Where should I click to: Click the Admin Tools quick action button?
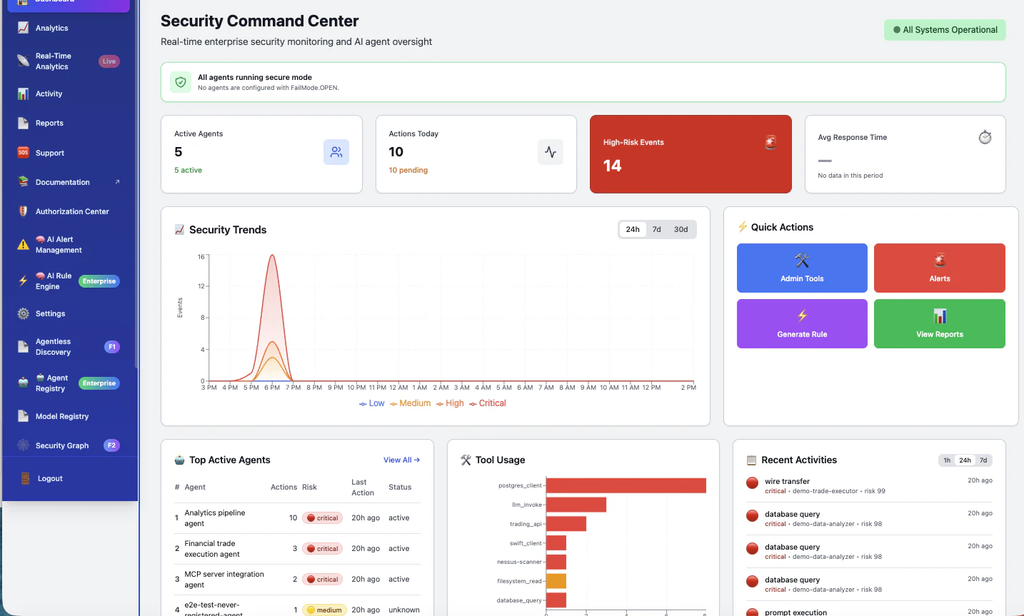[x=802, y=268]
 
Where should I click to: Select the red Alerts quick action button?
[x=939, y=268]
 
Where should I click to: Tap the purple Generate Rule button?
[x=802, y=324]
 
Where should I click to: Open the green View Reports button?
[x=939, y=324]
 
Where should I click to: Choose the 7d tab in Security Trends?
[x=656, y=230]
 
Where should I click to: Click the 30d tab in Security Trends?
[x=681, y=230]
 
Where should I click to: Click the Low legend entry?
[x=372, y=403]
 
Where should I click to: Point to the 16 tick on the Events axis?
[x=201, y=257]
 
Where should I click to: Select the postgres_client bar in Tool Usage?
[x=626, y=485]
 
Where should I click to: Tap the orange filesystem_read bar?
[x=556, y=581]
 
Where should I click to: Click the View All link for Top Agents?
[x=401, y=460]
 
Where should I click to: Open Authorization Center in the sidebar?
[x=72, y=212]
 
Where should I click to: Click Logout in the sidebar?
[x=50, y=479]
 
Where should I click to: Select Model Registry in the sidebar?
[x=62, y=417]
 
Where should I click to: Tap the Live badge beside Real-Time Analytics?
[x=109, y=61]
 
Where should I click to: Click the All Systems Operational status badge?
[x=945, y=30]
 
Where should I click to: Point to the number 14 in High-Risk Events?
[x=612, y=166]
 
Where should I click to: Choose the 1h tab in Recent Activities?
[x=947, y=460]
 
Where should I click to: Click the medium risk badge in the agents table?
[x=325, y=610]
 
